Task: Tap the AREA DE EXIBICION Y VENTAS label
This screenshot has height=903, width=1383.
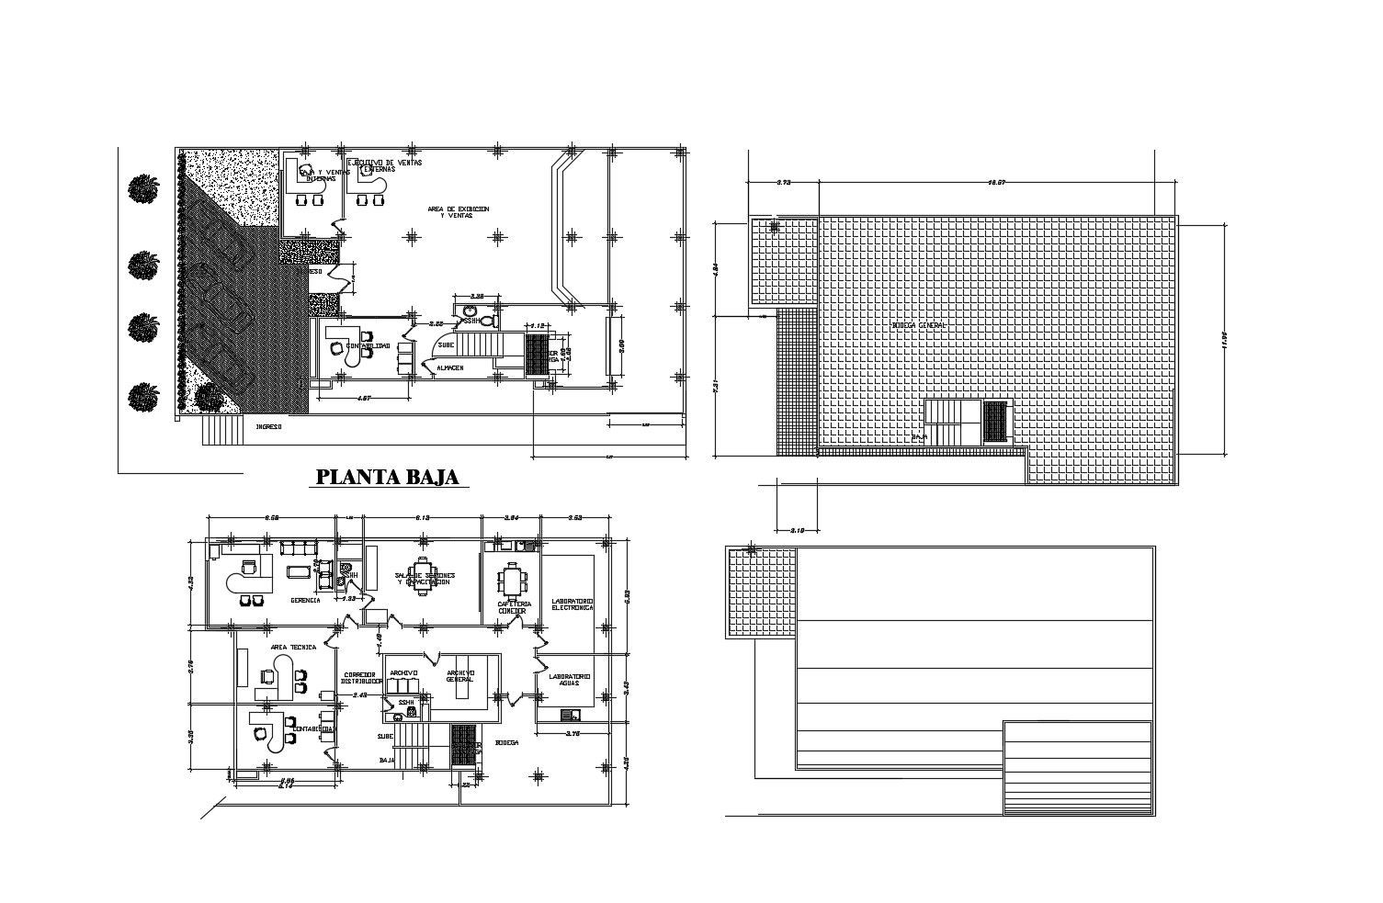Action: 458,212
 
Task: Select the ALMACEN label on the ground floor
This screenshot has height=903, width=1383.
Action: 449,367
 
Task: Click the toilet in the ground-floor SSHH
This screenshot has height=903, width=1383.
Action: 488,321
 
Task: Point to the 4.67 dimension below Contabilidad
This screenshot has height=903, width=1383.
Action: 363,398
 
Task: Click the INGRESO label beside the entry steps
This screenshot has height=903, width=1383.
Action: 267,426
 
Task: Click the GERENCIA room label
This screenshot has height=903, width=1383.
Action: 305,600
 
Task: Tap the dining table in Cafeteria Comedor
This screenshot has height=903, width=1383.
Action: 511,581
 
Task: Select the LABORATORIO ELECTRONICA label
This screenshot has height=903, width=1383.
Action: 572,604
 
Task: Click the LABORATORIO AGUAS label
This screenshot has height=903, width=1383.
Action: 570,681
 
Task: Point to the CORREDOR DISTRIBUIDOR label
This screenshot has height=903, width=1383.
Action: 361,677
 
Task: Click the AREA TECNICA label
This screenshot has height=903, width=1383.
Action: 293,647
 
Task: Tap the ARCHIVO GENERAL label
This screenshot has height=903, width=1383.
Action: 459,676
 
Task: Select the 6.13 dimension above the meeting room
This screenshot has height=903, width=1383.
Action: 423,518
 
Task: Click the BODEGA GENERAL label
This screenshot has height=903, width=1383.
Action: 918,325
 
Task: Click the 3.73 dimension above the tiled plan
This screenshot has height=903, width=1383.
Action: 783,183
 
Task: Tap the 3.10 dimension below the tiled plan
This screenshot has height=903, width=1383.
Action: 797,530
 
